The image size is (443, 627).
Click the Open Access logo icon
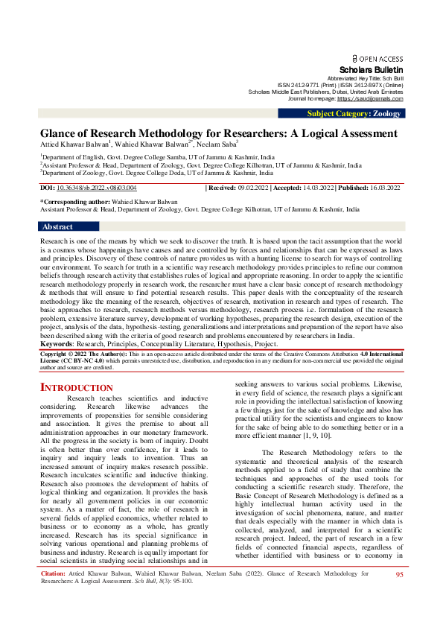point(354,58)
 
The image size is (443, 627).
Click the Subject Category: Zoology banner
point(354,113)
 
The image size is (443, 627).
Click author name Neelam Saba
point(217,144)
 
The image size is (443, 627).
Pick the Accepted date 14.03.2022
point(313,188)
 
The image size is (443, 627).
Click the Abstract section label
point(57,226)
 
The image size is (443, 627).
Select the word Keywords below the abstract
point(56,345)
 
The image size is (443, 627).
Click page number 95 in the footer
point(399,596)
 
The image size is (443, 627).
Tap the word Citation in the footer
point(53,596)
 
